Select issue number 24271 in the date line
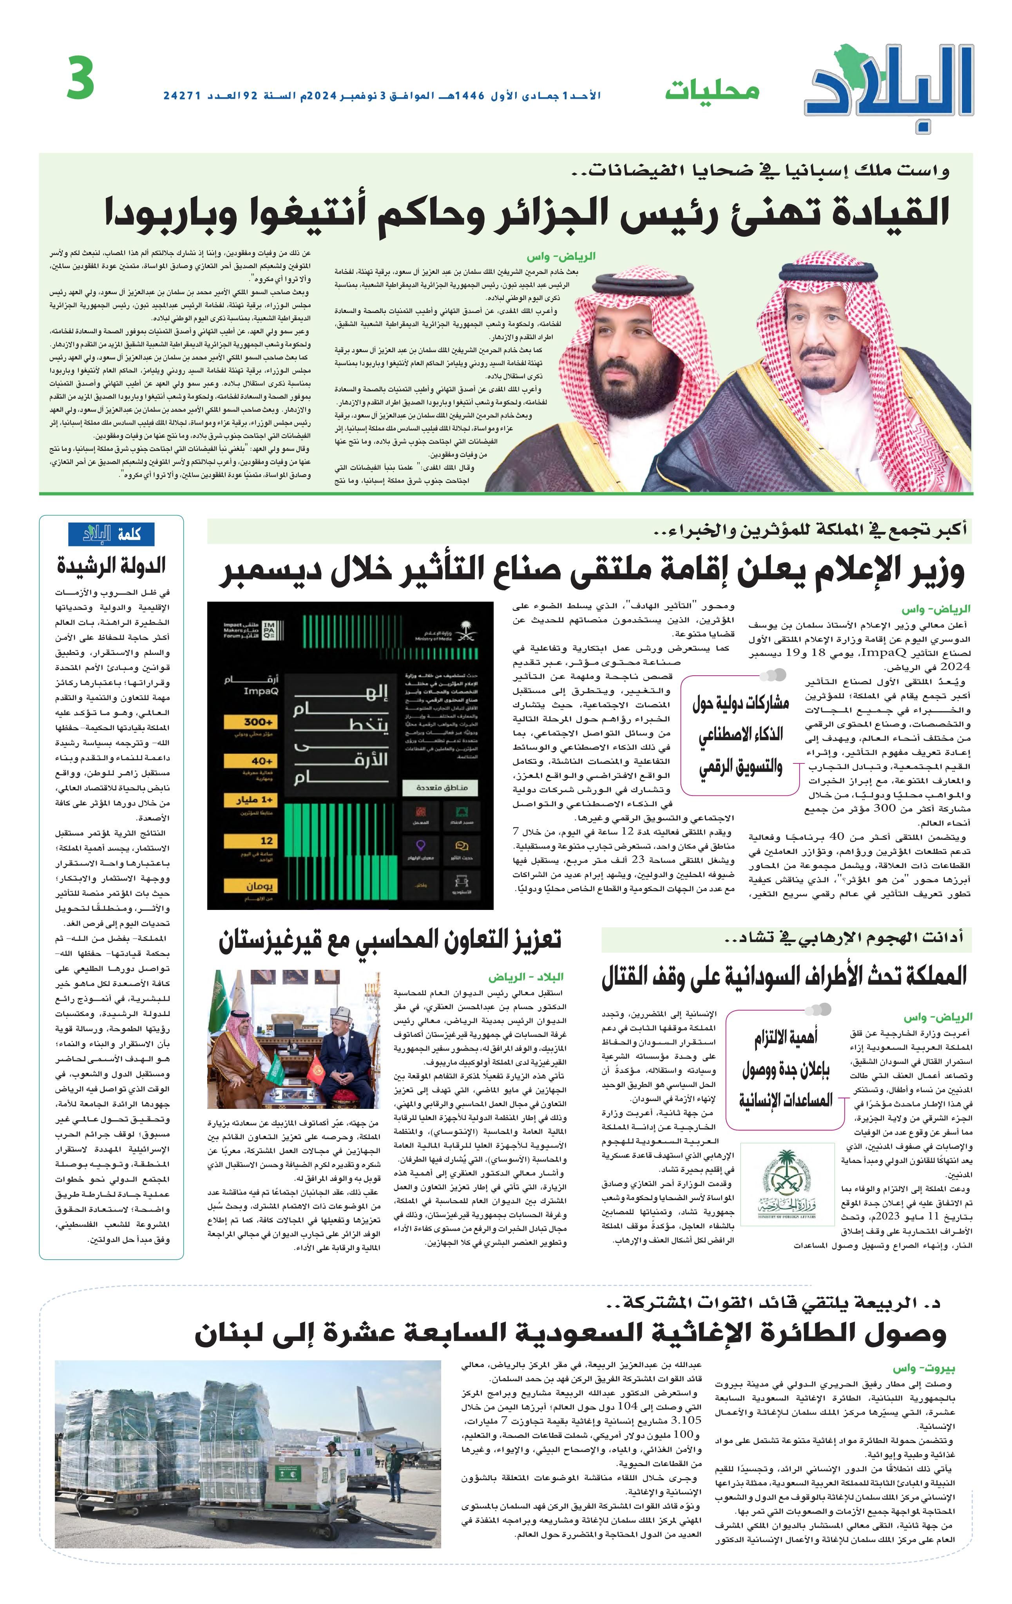point(182,96)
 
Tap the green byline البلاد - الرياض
point(526,977)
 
